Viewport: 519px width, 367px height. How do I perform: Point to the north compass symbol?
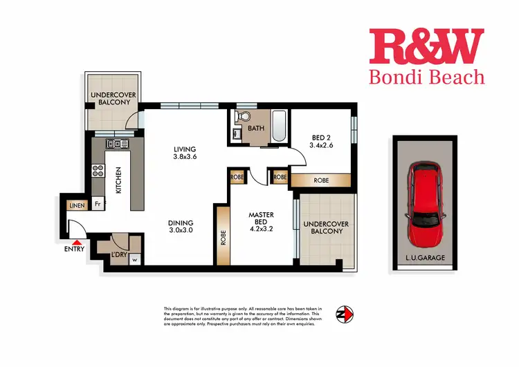(x=344, y=314)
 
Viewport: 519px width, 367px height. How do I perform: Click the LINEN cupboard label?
(x=75, y=205)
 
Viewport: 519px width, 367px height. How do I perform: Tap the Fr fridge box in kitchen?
(x=98, y=205)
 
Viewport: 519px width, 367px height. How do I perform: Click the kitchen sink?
(x=114, y=144)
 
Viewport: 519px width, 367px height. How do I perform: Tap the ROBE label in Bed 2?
(x=321, y=180)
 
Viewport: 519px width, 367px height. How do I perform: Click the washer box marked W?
(x=134, y=260)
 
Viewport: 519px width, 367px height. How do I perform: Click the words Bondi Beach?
(x=426, y=77)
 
